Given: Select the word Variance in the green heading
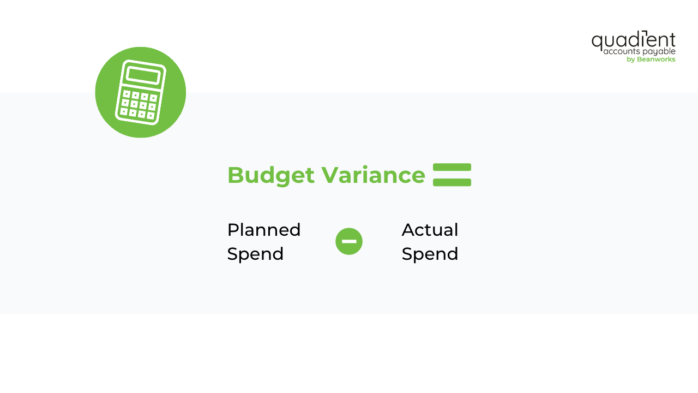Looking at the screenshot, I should pos(373,175).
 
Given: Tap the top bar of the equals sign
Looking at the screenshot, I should pos(452,167).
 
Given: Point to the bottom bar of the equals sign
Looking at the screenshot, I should pos(452,182).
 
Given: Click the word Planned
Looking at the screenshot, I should pos(264,230).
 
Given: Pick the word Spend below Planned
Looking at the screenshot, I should pos(255,254).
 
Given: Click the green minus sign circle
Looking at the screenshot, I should pos(349,241).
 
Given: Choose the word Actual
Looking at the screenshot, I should pos(430,230).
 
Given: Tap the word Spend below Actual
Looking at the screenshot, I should pos(430,254).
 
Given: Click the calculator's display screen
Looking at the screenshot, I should pos(143,75).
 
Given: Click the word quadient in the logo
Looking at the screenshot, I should pos(633,40).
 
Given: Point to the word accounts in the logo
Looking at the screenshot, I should pos(621,51).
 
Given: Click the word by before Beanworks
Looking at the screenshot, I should pos(630,59).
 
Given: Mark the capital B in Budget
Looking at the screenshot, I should pos(235,175).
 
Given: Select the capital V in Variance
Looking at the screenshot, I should pos(329,175).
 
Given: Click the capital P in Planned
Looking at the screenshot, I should pos(233,230).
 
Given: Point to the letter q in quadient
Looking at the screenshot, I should pos(597,42).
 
